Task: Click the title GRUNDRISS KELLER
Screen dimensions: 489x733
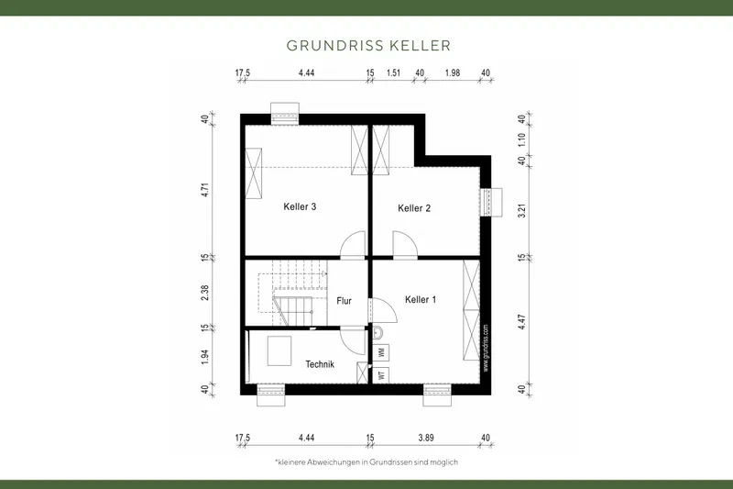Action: [x=366, y=44]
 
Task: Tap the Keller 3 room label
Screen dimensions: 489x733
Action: [x=300, y=207]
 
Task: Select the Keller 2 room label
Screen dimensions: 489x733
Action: [x=414, y=208]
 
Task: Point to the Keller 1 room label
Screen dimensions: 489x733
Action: [x=421, y=299]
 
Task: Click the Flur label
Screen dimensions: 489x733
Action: [x=345, y=301]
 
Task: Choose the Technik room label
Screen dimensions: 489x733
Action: [x=320, y=364]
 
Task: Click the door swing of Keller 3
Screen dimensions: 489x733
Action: [x=352, y=244]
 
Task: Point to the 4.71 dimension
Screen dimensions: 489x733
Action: [x=206, y=190]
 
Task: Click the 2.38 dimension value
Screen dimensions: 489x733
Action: [x=206, y=294]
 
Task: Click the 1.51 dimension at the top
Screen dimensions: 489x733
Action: [x=394, y=72]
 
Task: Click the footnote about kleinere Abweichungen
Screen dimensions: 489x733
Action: [x=366, y=461]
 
